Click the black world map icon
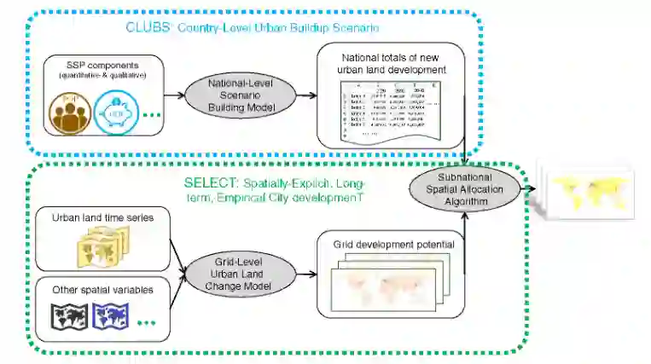69,317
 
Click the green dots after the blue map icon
145,321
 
